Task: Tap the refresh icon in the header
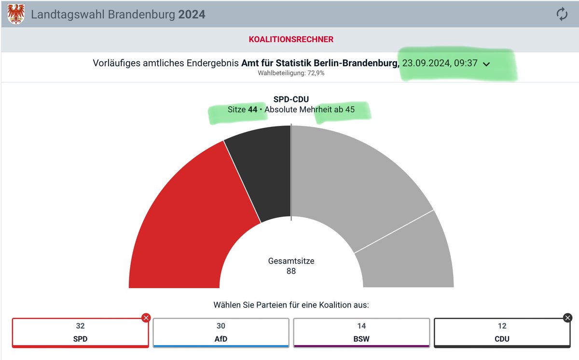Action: [x=562, y=14]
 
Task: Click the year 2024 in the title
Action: [x=192, y=14]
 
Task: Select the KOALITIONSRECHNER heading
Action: [x=291, y=40]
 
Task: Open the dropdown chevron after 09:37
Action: [x=486, y=65]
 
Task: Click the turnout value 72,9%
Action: [x=316, y=73]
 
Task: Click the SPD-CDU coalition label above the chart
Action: [x=291, y=100]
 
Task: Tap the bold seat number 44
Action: [x=252, y=110]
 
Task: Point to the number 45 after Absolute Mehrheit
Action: [x=349, y=110]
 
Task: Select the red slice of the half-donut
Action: [x=188, y=227]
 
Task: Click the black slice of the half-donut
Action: [x=263, y=169]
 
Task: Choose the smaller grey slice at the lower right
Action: [x=410, y=256]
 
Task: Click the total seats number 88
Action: [x=291, y=271]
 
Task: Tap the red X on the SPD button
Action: [x=146, y=318]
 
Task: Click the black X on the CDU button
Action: [x=568, y=318]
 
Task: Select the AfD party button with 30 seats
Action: [x=221, y=332]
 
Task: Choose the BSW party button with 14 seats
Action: [x=361, y=332]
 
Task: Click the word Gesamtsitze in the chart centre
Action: [x=291, y=261]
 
